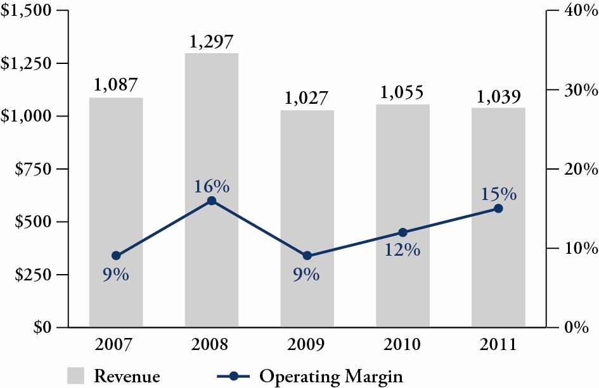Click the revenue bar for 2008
click(212, 190)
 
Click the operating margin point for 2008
click(212, 201)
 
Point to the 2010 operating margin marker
click(403, 232)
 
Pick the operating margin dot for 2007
click(116, 256)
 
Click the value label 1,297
click(212, 42)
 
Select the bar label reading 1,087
click(116, 85)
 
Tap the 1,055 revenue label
click(403, 92)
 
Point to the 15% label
click(498, 194)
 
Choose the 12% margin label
click(403, 250)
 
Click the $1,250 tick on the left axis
click(26, 63)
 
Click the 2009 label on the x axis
click(307, 345)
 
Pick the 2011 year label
click(498, 345)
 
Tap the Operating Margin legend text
click(331, 375)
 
